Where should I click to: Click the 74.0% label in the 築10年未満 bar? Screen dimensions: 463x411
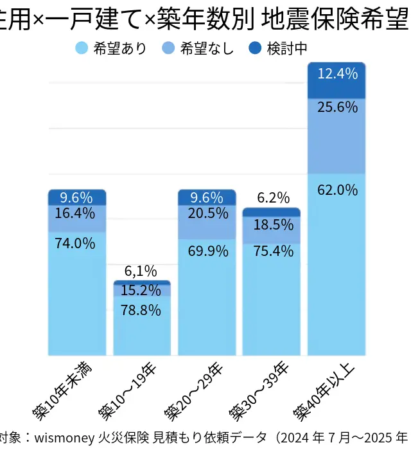[x=75, y=244]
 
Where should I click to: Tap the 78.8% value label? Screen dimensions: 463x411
[x=141, y=310]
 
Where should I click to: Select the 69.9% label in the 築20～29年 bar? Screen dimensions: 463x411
[x=208, y=251]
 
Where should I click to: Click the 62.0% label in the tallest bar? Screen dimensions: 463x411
[x=337, y=190]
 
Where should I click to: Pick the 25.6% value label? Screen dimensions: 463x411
[x=337, y=107]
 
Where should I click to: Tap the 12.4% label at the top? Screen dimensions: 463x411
[x=337, y=74]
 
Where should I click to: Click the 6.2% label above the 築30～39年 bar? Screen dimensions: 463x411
[x=273, y=198]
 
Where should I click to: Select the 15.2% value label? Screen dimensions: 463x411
[x=141, y=290]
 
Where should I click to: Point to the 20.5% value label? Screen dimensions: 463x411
[x=208, y=213]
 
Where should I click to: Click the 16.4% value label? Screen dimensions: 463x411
[x=75, y=213]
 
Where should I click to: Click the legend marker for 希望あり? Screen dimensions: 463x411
[x=82, y=48]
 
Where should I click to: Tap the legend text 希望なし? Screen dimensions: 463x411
[x=207, y=49]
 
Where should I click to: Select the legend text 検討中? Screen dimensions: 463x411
[x=286, y=49]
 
